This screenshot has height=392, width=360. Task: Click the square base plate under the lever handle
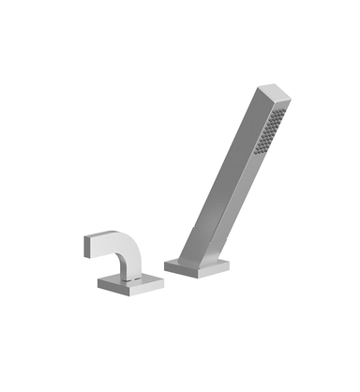[x=122, y=279]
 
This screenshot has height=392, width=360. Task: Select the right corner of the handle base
[x=150, y=279]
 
